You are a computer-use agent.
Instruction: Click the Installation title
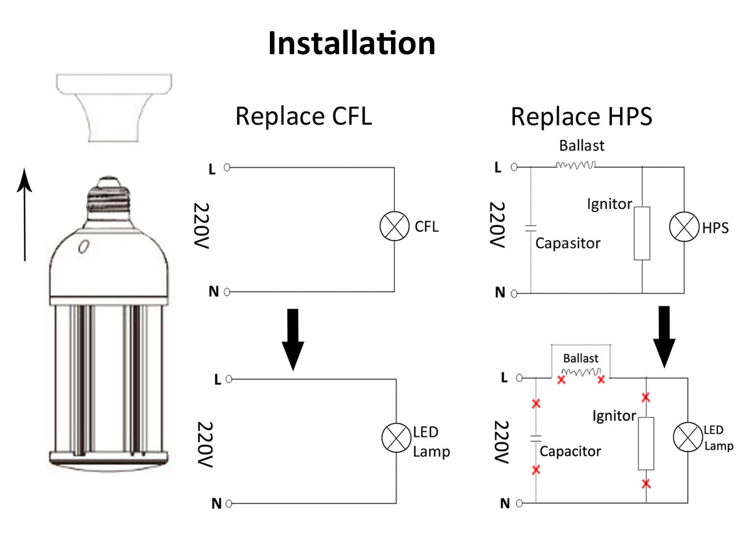351,43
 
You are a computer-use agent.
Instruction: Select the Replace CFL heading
303,116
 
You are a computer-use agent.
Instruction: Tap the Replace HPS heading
581,117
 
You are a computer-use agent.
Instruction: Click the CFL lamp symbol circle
395,226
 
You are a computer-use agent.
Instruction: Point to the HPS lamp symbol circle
684,226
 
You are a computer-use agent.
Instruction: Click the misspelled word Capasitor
568,243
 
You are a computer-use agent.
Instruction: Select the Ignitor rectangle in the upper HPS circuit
642,233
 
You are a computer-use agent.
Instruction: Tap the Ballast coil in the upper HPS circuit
576,165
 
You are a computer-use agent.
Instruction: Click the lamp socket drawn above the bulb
114,107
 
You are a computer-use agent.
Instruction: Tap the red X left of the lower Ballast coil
561,380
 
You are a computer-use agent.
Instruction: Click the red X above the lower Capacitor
536,403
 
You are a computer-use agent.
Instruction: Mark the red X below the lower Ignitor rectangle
646,484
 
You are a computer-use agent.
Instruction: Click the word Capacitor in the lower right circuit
570,451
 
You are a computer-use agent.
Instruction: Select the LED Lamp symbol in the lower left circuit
397,438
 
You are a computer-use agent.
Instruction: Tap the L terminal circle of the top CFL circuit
227,167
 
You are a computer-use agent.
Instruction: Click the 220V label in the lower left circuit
205,444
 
